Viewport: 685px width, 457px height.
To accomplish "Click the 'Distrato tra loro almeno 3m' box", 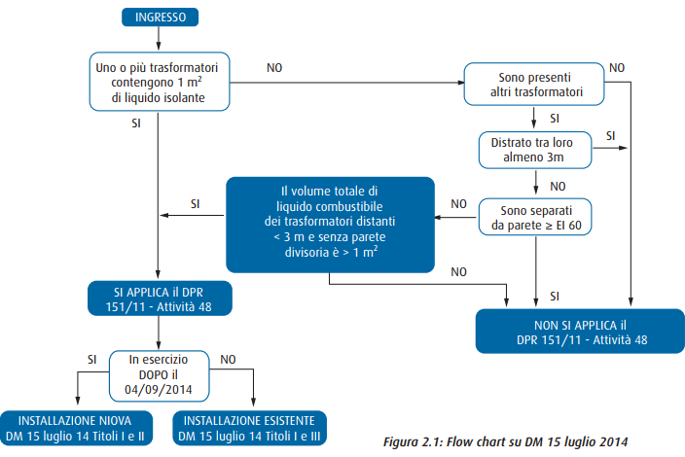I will click(535, 149).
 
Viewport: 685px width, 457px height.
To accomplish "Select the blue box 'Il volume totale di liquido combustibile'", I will click(331, 225).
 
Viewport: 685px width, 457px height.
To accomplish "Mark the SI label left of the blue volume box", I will click(195, 203).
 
